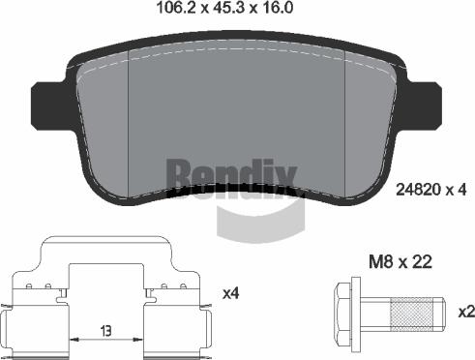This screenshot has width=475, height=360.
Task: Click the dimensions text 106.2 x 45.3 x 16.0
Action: [x=224, y=8]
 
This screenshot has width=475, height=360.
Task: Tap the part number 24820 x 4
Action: [x=430, y=190]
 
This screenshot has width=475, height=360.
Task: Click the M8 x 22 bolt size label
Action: [x=401, y=262]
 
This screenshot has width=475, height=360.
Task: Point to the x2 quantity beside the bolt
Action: [x=466, y=312]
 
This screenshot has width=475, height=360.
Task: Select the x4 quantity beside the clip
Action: [x=231, y=293]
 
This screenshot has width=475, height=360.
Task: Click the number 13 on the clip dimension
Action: [x=105, y=331]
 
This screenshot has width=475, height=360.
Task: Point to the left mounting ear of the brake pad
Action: [x=48, y=105]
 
